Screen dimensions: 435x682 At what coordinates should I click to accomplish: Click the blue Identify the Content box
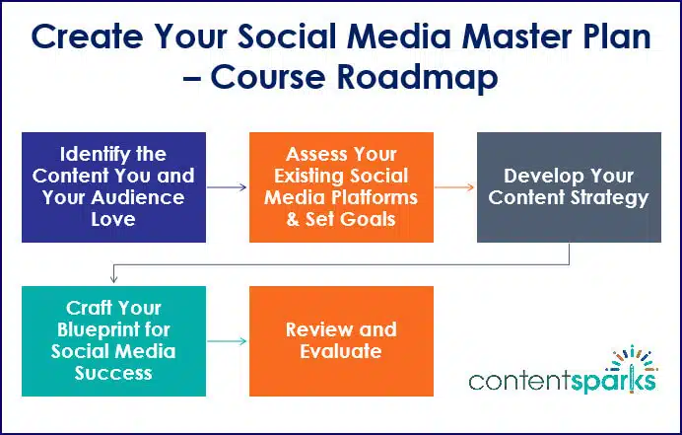tap(113, 186)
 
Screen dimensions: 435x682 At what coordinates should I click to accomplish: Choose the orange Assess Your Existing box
tap(341, 186)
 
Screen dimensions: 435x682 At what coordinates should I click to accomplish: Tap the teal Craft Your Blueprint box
tap(113, 340)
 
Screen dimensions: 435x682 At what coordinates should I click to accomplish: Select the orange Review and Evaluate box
tap(341, 340)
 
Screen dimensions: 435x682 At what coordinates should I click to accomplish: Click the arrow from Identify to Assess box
tap(227, 186)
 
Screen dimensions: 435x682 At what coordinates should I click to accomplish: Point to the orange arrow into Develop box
tap(454, 186)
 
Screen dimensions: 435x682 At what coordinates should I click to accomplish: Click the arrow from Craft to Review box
tap(227, 341)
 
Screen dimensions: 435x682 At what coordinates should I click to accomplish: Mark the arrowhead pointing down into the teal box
tap(114, 280)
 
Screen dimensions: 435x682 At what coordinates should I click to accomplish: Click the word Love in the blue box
tap(113, 218)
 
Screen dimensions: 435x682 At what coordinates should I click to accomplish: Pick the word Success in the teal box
tap(113, 373)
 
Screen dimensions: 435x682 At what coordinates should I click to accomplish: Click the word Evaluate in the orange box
tap(341, 351)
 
